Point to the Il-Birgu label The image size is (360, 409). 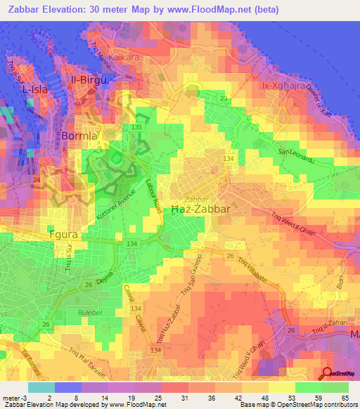(x=88, y=80)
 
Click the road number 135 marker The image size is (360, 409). (x=136, y=126)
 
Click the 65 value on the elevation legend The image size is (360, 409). (x=345, y=398)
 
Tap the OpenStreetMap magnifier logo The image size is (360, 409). (x=328, y=375)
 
